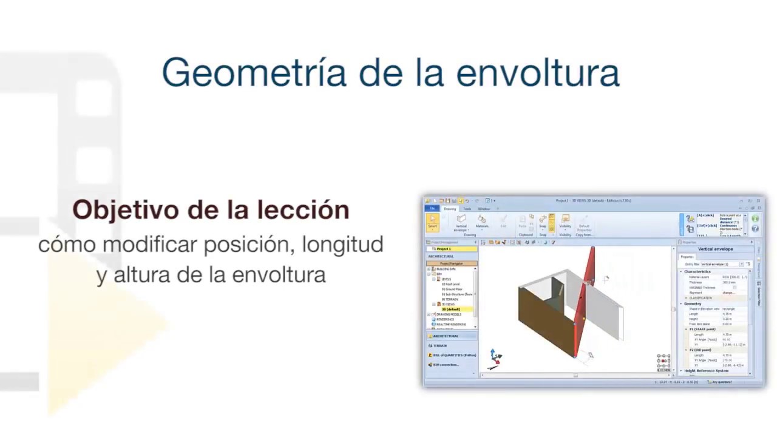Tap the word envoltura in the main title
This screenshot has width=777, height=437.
point(537,73)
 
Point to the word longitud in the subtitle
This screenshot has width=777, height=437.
point(342,245)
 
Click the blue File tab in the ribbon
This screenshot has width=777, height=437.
point(432,209)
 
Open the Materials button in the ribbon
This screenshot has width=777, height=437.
point(482,222)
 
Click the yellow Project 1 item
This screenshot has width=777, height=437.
point(444,249)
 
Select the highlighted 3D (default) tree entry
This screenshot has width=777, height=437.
point(451,310)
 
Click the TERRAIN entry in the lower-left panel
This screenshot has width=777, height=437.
point(439,346)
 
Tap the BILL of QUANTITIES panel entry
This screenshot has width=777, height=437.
point(454,355)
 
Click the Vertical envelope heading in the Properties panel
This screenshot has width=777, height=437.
point(715,249)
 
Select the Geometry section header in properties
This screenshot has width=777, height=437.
point(693,303)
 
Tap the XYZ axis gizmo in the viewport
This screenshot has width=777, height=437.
point(494,359)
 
